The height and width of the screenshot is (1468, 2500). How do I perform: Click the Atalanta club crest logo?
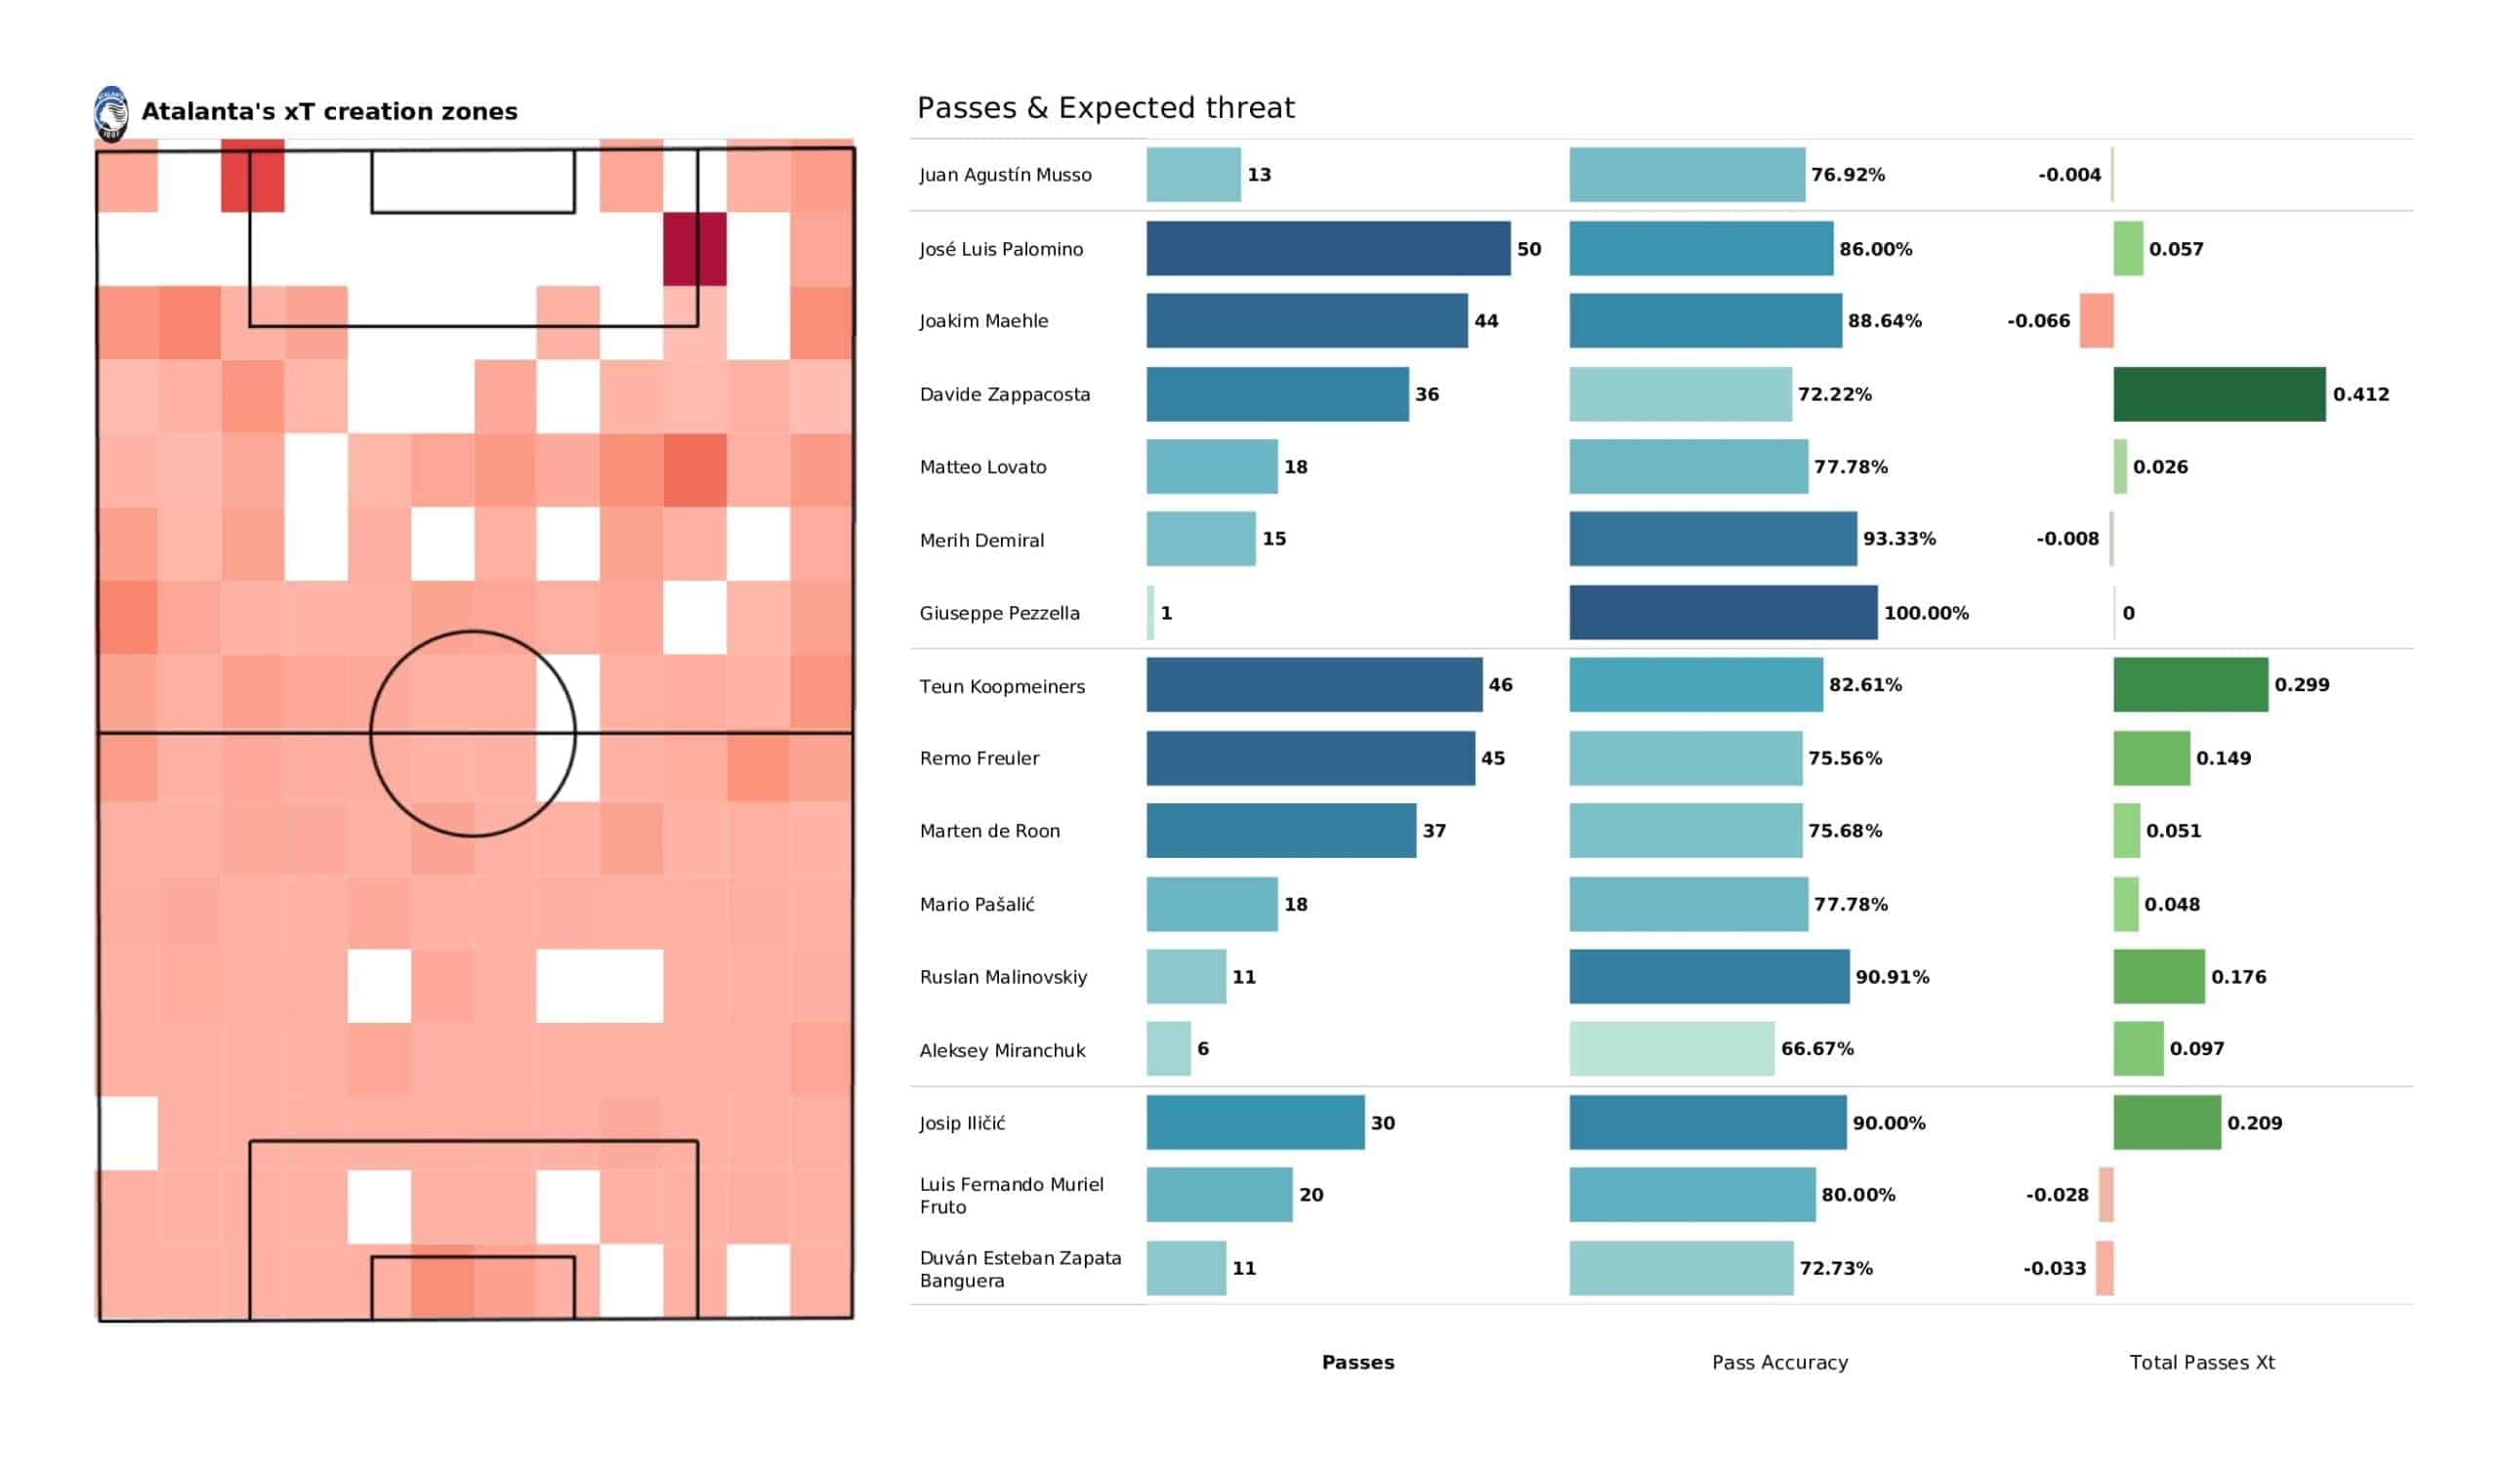point(111,113)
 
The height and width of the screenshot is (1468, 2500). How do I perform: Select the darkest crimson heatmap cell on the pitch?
point(694,249)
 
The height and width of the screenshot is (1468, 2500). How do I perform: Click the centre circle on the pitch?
point(473,733)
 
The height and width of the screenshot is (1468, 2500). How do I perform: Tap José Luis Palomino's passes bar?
point(1327,248)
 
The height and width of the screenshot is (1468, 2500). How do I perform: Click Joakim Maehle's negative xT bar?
point(2096,320)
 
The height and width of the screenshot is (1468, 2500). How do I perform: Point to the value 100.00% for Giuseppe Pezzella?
point(1926,613)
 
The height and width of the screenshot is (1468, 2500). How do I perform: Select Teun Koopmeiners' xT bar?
point(2189,684)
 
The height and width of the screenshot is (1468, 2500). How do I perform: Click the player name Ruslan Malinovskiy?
point(1003,977)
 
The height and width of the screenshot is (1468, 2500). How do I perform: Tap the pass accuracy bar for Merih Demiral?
point(1712,539)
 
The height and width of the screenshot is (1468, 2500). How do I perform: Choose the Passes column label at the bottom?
point(1357,1362)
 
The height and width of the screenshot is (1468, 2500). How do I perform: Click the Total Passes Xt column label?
point(2201,1362)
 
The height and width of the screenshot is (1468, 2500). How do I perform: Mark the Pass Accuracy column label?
point(1779,1362)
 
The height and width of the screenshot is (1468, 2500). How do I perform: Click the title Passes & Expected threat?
point(1105,107)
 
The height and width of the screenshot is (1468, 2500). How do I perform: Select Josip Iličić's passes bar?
point(1255,1121)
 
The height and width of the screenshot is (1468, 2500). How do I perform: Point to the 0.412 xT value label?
point(2360,393)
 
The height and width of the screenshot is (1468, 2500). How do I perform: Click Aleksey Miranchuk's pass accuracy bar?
point(1671,1048)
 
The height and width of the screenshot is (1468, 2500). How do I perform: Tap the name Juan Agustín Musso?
point(1005,175)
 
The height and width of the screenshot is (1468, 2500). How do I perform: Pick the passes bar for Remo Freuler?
point(1310,757)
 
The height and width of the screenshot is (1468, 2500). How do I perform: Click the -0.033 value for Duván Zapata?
point(2054,1268)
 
